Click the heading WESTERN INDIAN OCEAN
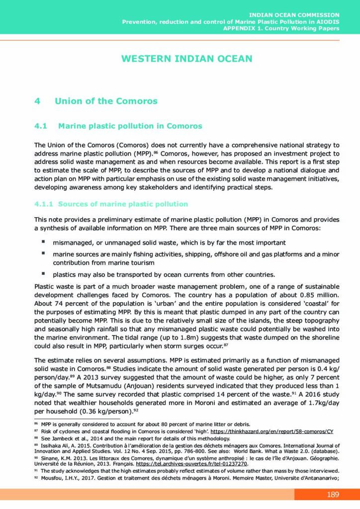(186, 59)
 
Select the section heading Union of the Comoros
(106, 101)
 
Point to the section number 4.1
(40, 126)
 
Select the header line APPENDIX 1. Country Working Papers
(281, 28)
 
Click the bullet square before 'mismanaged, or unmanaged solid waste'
(43, 242)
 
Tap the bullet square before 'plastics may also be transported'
(43, 273)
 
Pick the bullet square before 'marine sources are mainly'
(43, 253)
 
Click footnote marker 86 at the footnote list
(36, 424)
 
